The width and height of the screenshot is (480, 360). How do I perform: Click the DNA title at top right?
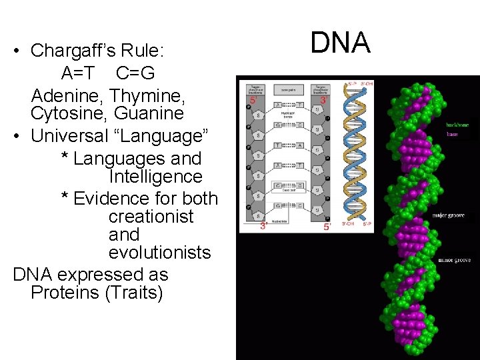(x=340, y=43)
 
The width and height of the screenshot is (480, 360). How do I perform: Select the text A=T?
(x=77, y=72)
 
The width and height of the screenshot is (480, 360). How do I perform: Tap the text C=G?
(x=135, y=72)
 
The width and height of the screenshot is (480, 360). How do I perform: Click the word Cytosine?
(x=63, y=113)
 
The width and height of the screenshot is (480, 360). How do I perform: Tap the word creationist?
(x=151, y=216)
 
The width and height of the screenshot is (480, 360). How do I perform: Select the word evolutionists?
(x=159, y=252)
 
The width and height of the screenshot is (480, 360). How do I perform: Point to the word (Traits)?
(x=133, y=292)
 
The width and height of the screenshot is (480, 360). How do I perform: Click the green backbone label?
(x=457, y=125)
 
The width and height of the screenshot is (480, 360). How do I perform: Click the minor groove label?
(x=455, y=259)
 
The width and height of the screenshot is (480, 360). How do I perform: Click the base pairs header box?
(x=289, y=89)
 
